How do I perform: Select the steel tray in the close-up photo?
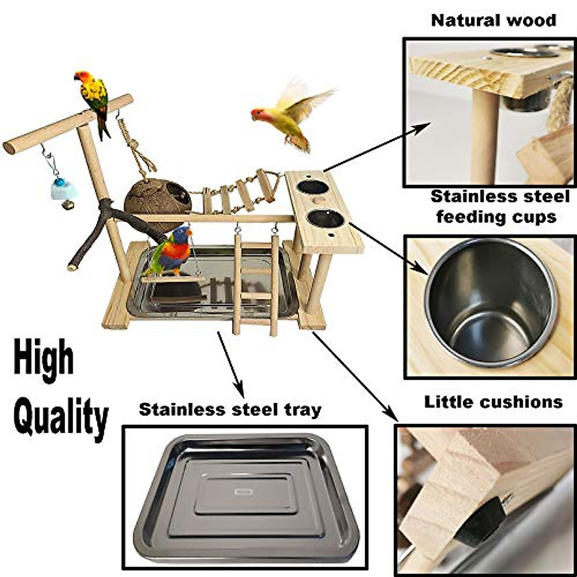(246, 498)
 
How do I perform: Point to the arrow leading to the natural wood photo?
(377, 147)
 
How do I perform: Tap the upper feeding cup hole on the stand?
(312, 187)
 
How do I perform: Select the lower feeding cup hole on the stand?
(326, 219)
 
